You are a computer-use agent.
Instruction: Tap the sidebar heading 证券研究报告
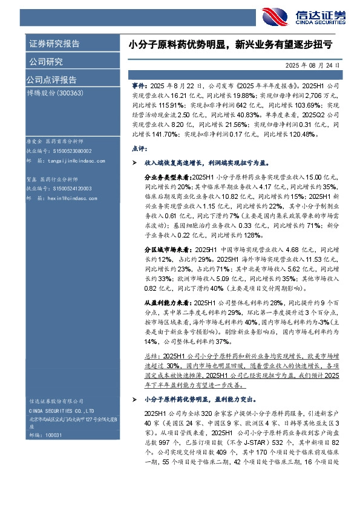click(54, 44)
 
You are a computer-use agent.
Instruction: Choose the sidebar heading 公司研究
click(46, 62)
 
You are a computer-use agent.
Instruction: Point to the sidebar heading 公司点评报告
click(51, 80)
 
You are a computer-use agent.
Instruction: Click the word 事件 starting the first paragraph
click(138, 87)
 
